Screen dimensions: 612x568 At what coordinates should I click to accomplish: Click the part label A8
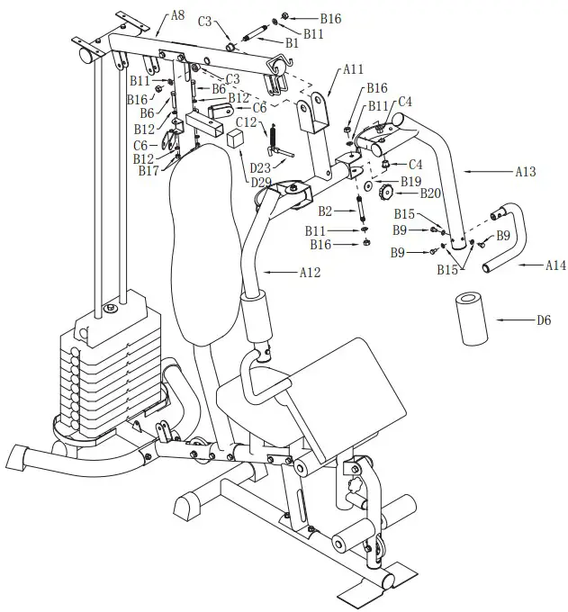[x=178, y=15]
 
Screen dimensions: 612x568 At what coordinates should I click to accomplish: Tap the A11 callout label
[x=353, y=68]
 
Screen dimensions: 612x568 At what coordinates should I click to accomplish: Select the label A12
[x=309, y=272]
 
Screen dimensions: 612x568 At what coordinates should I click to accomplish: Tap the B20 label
[x=430, y=193]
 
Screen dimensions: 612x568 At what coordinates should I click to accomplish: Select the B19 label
[x=410, y=181]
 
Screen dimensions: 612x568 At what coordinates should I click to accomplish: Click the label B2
[x=325, y=211]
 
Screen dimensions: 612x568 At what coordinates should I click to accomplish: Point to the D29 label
[x=262, y=182]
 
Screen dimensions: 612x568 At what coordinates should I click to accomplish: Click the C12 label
[x=247, y=122]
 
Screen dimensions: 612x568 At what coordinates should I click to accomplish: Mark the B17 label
[x=148, y=170]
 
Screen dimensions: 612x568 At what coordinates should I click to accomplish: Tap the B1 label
[x=291, y=42]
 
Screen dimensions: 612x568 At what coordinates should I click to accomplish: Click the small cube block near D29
[x=236, y=139]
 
